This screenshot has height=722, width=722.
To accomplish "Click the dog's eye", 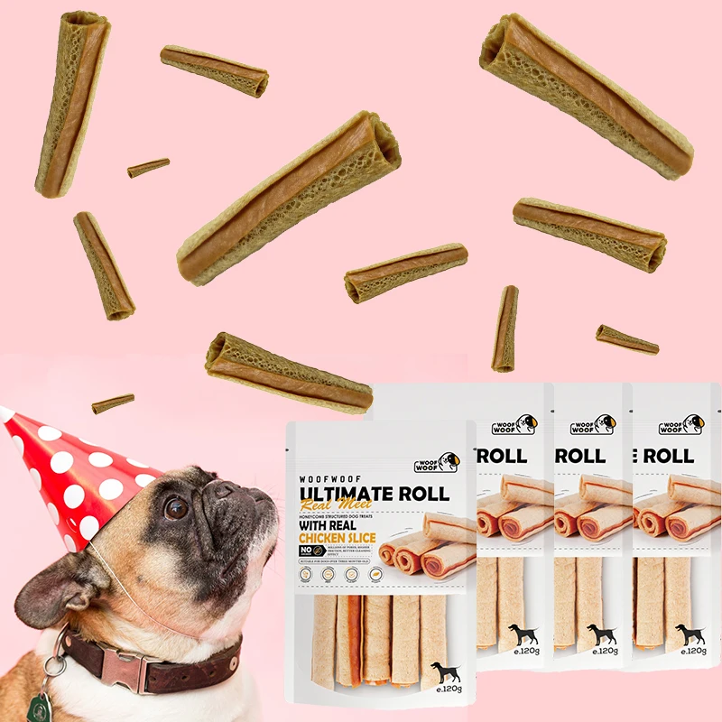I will (x=177, y=509).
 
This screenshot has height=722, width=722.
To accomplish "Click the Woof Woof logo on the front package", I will (x=437, y=462).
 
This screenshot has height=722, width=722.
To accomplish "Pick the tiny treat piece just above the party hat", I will (x=113, y=403).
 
